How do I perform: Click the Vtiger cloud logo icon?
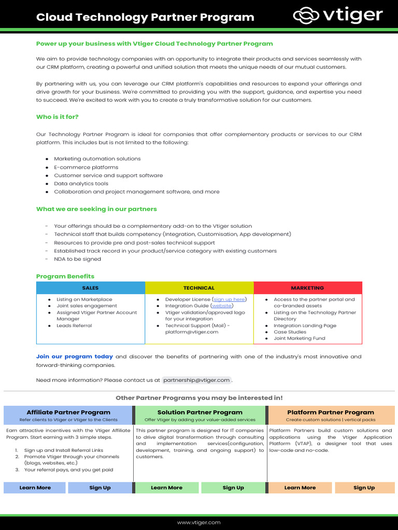pyautogui.click(x=306, y=16)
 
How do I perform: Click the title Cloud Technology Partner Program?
pyautogui.click(x=145, y=17)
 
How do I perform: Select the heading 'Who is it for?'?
pyautogui.click(x=57, y=117)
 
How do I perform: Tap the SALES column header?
pyautogui.click(x=90, y=288)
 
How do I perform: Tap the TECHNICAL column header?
pyautogui.click(x=198, y=288)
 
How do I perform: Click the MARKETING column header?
pyautogui.click(x=307, y=288)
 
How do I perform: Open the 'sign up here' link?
pyautogui.click(x=229, y=299)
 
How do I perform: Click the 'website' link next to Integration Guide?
pyautogui.click(x=221, y=306)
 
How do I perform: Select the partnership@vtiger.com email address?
pyautogui.click(x=196, y=380)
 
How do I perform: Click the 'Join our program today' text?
pyautogui.click(x=74, y=357)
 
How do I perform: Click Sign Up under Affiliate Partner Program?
pyautogui.click(x=99, y=488)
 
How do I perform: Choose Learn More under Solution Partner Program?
pyautogui.click(x=166, y=488)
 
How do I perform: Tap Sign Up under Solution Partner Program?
pyautogui.click(x=233, y=488)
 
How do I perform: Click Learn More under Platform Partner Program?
pyautogui.click(x=300, y=488)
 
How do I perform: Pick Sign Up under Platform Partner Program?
pyautogui.click(x=364, y=488)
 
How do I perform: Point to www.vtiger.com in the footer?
pyautogui.click(x=198, y=523)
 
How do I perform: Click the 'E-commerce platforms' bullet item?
pyautogui.click(x=86, y=167)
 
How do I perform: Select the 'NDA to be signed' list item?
pyautogui.click(x=77, y=259)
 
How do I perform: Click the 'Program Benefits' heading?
pyautogui.click(x=65, y=276)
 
